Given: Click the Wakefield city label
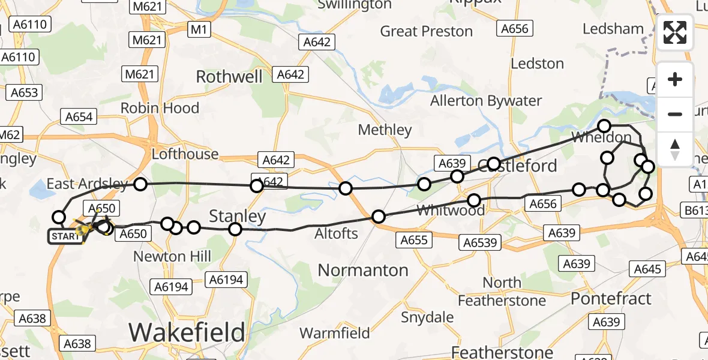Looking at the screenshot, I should pos(187,332).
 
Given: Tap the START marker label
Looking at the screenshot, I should pos(65,236).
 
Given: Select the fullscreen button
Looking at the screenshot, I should pos(675,32).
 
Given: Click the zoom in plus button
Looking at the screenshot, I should pos(675,79).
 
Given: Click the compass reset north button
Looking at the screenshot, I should pos(675,149).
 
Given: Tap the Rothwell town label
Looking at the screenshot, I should pos(229,77).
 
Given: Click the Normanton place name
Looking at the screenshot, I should pos(363,270).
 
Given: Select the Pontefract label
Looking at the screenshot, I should pos(611,298).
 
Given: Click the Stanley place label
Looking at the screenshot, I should pos(237,215).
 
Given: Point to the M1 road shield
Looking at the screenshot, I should pos(197,29).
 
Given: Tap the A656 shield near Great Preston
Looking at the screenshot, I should pos(514,29).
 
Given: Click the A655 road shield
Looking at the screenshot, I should pos(414,240).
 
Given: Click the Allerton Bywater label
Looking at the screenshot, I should pos(485,101).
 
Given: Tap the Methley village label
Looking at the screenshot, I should pos(385,130).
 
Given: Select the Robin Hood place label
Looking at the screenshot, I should pos(160,108).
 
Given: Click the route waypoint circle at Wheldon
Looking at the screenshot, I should pos(604,126).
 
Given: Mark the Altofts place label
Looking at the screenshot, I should pos(337,234).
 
